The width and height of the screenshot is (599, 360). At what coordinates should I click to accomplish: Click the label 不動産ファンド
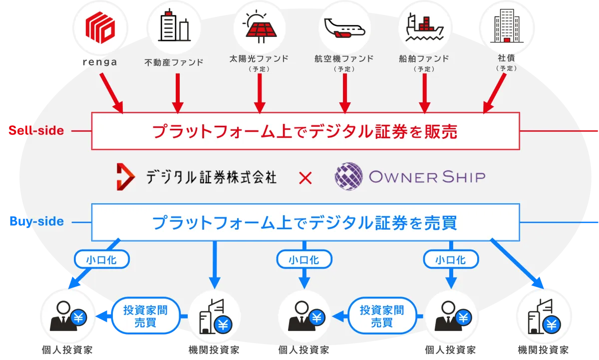[x=174, y=62]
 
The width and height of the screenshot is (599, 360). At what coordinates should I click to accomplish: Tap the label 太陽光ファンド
[x=259, y=58]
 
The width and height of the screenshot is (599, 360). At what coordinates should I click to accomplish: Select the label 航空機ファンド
[x=344, y=58]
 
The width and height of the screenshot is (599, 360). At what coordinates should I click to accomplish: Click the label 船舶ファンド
[x=424, y=58]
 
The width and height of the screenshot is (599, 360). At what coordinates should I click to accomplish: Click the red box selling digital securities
[x=305, y=131]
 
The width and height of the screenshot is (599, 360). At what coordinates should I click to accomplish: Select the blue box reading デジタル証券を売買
[x=305, y=222]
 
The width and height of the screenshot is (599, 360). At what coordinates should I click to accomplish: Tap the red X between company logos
[x=305, y=177]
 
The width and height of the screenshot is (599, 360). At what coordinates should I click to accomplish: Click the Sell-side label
[x=36, y=131]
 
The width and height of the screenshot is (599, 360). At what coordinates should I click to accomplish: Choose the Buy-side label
[x=36, y=222]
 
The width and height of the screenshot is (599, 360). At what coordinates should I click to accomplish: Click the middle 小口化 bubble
[x=304, y=260]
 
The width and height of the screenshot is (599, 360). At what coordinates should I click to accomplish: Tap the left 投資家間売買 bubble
[x=145, y=316]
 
